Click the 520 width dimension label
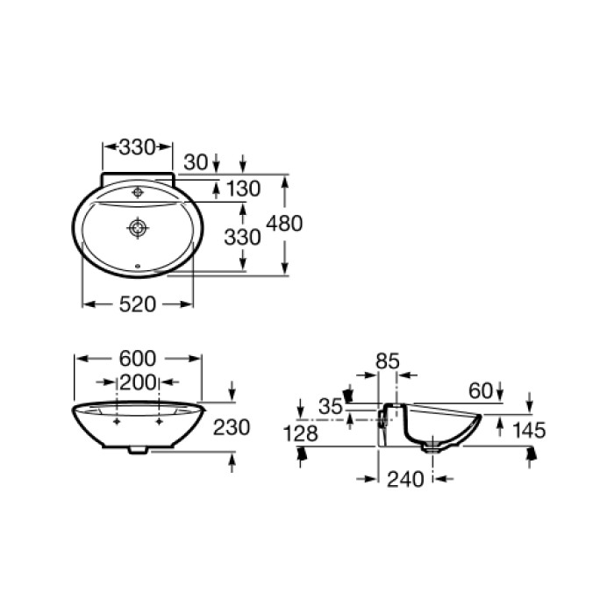(137, 303)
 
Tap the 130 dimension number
(243, 189)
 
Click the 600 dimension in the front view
(138, 358)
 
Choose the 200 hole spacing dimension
(138, 382)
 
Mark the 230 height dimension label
(232, 427)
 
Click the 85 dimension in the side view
(387, 360)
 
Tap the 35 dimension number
(331, 406)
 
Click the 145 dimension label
(529, 430)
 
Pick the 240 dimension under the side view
(404, 479)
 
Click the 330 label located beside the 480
(243, 237)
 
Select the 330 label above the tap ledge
(137, 146)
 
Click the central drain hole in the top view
(138, 228)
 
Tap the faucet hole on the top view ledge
(138, 190)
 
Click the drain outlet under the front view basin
(138, 451)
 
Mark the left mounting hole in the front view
(118, 423)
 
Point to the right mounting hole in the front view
(159, 423)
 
